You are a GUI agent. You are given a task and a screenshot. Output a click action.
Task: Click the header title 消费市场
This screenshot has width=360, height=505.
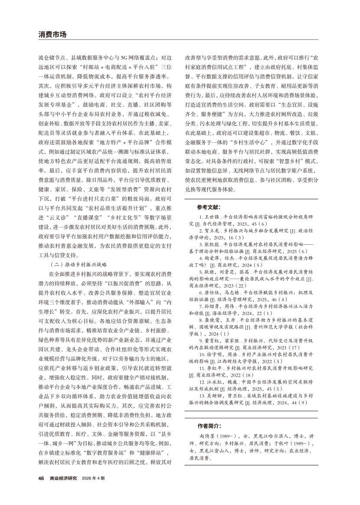tap(53, 34)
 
